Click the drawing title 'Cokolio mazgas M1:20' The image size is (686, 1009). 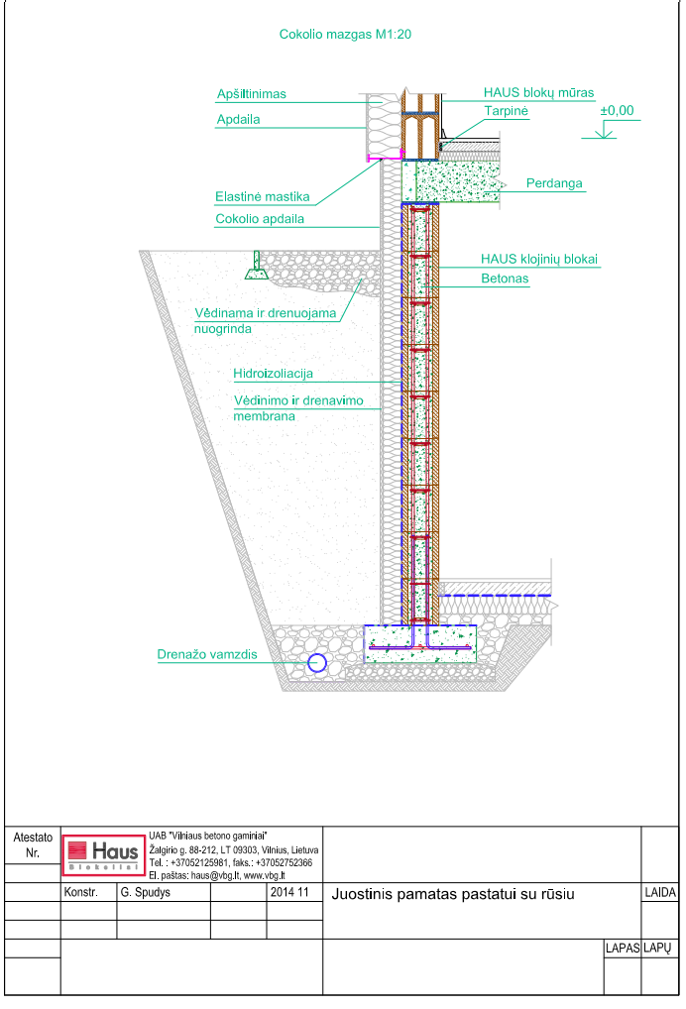[345, 35]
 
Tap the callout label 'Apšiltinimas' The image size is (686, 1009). [252, 94]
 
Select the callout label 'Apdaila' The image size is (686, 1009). [238, 120]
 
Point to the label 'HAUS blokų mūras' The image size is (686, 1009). [538, 92]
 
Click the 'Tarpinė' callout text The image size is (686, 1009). [506, 111]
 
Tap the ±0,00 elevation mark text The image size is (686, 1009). [618, 111]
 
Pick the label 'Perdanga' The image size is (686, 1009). [554, 183]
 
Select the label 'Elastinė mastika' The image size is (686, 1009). [263, 197]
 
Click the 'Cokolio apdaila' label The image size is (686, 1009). [260, 219]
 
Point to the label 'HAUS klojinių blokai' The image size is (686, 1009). [539, 260]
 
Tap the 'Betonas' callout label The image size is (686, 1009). [505, 279]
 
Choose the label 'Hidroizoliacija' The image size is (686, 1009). [273, 374]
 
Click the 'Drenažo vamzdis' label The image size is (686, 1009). [207, 654]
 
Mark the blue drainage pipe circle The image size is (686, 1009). [316, 663]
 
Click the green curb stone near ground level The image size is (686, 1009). [257, 266]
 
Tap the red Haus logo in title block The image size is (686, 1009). [103, 855]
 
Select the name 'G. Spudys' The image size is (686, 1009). [146, 892]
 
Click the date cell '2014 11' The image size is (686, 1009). [289, 892]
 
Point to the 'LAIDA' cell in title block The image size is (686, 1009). [660, 892]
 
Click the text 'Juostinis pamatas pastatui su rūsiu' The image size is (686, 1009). [453, 894]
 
